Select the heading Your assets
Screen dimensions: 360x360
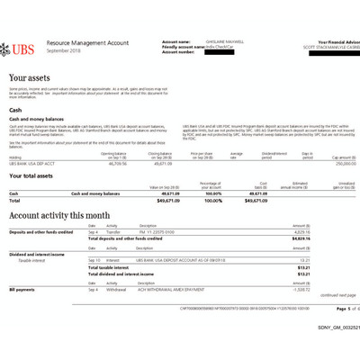click(x=29, y=79)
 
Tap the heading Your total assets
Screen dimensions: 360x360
click(x=37, y=176)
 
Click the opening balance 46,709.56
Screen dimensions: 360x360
click(x=117, y=164)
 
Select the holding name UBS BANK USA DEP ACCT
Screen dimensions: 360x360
click(x=32, y=164)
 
